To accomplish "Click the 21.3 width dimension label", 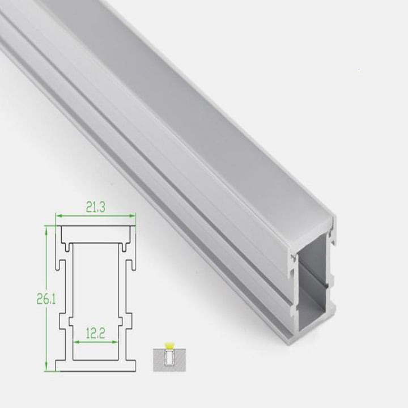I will [96, 208].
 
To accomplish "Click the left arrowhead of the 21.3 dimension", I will [57, 215].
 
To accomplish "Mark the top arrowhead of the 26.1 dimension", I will [46, 227].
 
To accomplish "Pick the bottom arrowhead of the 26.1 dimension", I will [46, 369].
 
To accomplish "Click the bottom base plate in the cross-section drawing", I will [96, 365].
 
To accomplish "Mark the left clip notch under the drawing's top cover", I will [68, 246].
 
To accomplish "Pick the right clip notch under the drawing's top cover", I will [124, 246].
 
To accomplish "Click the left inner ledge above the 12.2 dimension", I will [72, 322].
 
